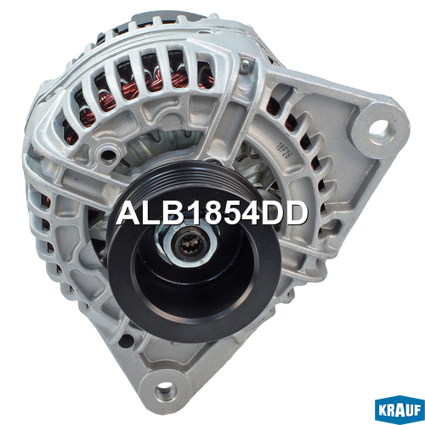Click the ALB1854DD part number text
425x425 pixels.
212,213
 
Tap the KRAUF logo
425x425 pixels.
399,410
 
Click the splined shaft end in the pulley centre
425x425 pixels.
189,246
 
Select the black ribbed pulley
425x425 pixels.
193,249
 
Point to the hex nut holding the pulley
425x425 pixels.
188,244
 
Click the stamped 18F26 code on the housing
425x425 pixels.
281,151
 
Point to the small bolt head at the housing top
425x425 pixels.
246,65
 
